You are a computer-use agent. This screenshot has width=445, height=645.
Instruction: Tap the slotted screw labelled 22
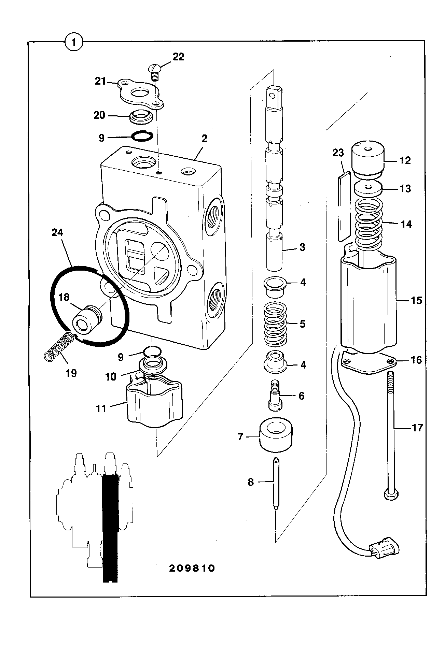(155, 72)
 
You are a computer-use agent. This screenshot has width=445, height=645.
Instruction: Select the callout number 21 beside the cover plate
(101, 82)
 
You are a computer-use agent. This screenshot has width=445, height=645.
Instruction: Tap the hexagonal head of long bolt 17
(391, 494)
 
